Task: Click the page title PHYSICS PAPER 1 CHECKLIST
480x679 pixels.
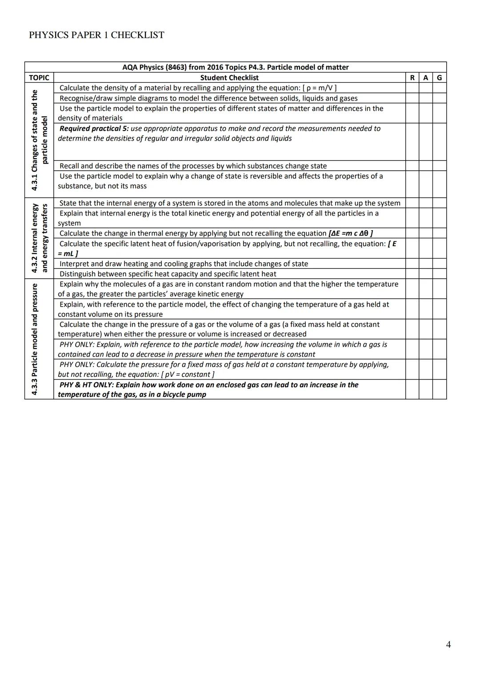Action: tap(96, 35)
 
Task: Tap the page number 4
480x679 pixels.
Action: tap(448, 644)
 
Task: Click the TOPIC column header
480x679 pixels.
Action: tap(39, 78)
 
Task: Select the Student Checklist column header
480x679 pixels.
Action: tap(229, 78)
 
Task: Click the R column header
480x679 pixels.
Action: tap(412, 78)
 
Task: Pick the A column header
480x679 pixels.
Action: tap(426, 78)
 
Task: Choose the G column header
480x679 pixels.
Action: tap(440, 78)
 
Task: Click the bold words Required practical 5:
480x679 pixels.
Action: tap(94, 128)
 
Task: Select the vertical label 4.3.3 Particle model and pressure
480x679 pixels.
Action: tap(34, 339)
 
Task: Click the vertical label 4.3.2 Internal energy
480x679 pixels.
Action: tap(34, 238)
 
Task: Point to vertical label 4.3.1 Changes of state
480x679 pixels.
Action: tap(34, 140)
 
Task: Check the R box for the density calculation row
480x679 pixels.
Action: tap(412, 88)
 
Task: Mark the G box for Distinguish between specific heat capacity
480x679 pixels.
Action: tap(440, 274)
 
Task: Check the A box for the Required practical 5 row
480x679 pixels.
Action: tap(426, 142)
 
